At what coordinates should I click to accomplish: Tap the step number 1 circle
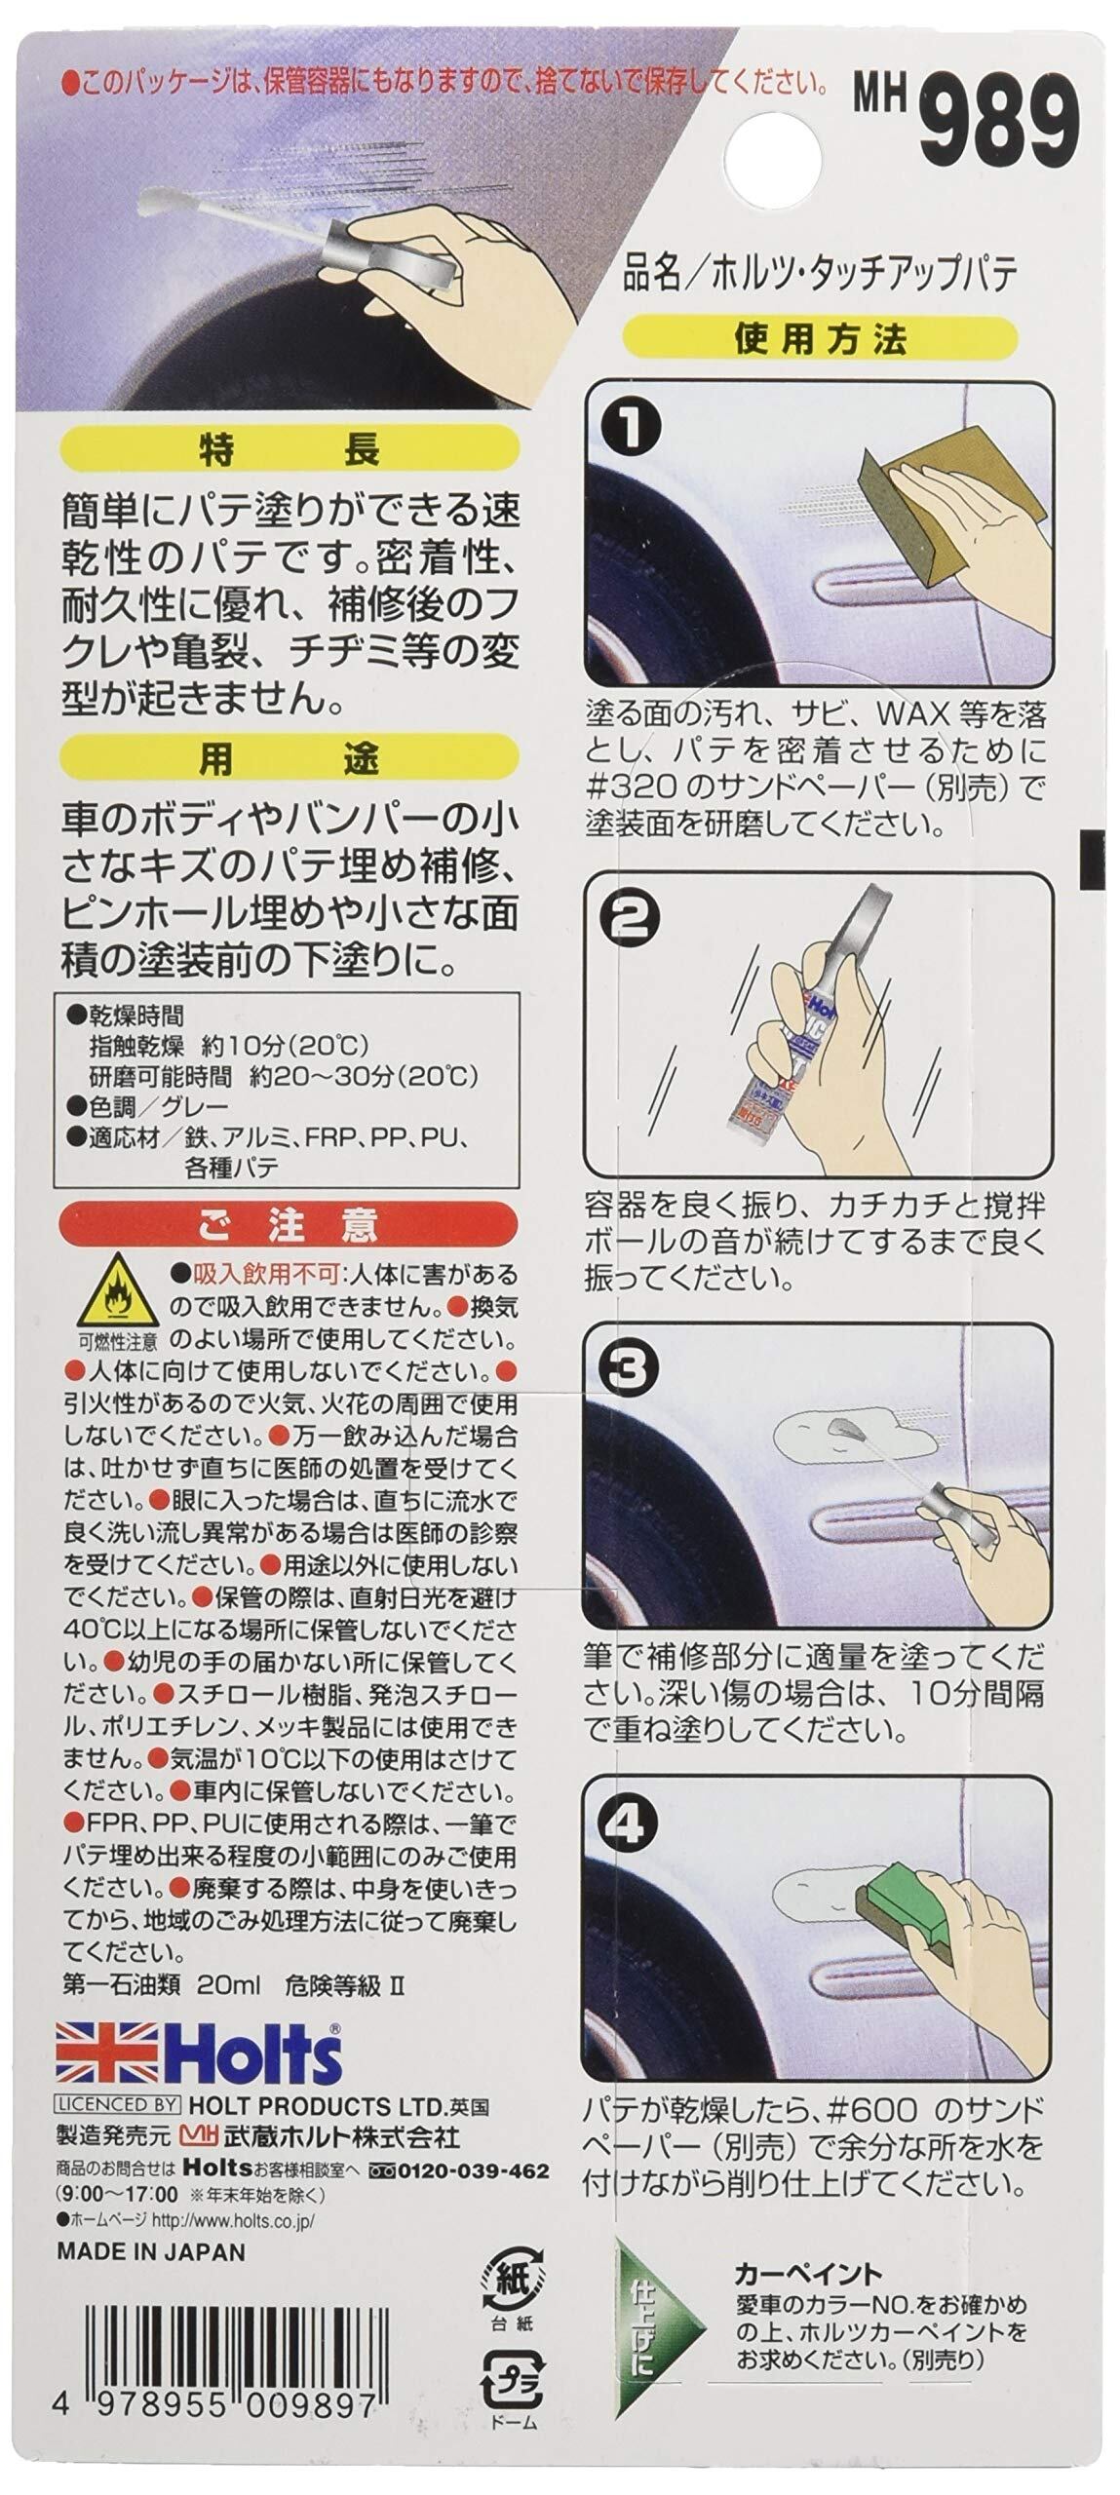click(x=631, y=426)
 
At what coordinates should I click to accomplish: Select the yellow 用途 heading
click(x=289, y=758)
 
